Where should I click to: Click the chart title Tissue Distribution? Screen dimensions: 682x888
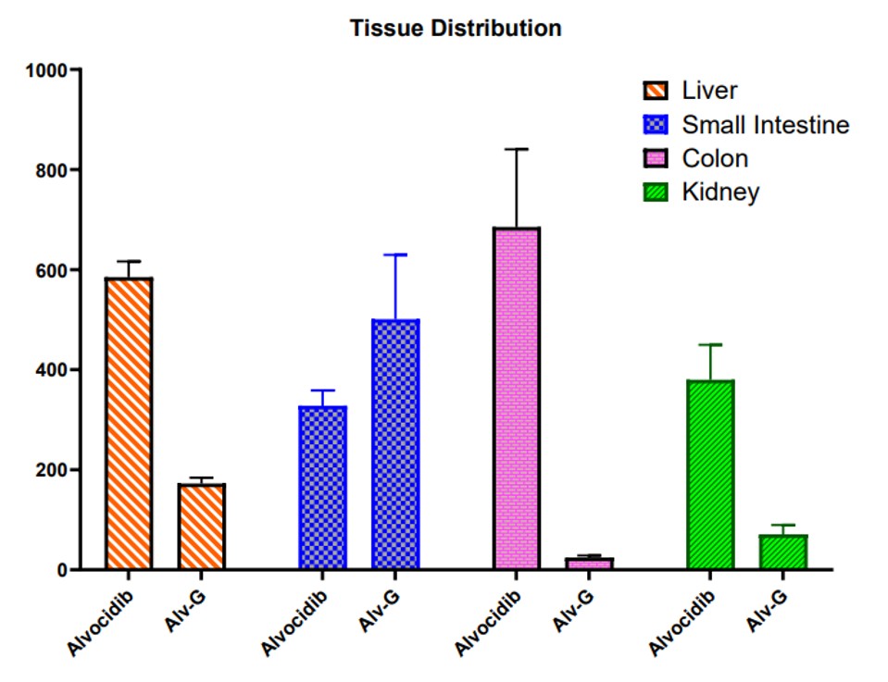tap(456, 29)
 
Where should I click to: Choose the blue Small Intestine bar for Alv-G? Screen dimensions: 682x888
tap(395, 444)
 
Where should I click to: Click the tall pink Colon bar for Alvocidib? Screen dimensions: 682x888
tap(517, 398)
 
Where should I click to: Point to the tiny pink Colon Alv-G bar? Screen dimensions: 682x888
tap(589, 564)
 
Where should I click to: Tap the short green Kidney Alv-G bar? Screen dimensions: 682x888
tap(783, 552)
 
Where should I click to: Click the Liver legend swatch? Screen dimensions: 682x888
tap(656, 91)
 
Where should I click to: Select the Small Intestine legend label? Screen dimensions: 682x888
tap(766, 124)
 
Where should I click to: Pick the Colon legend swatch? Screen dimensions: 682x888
tap(656, 158)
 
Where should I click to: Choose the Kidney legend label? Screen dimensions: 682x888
tap(720, 192)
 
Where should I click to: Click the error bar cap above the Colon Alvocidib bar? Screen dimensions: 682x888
tap(517, 149)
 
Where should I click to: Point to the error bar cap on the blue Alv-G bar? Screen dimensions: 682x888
tap(395, 254)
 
